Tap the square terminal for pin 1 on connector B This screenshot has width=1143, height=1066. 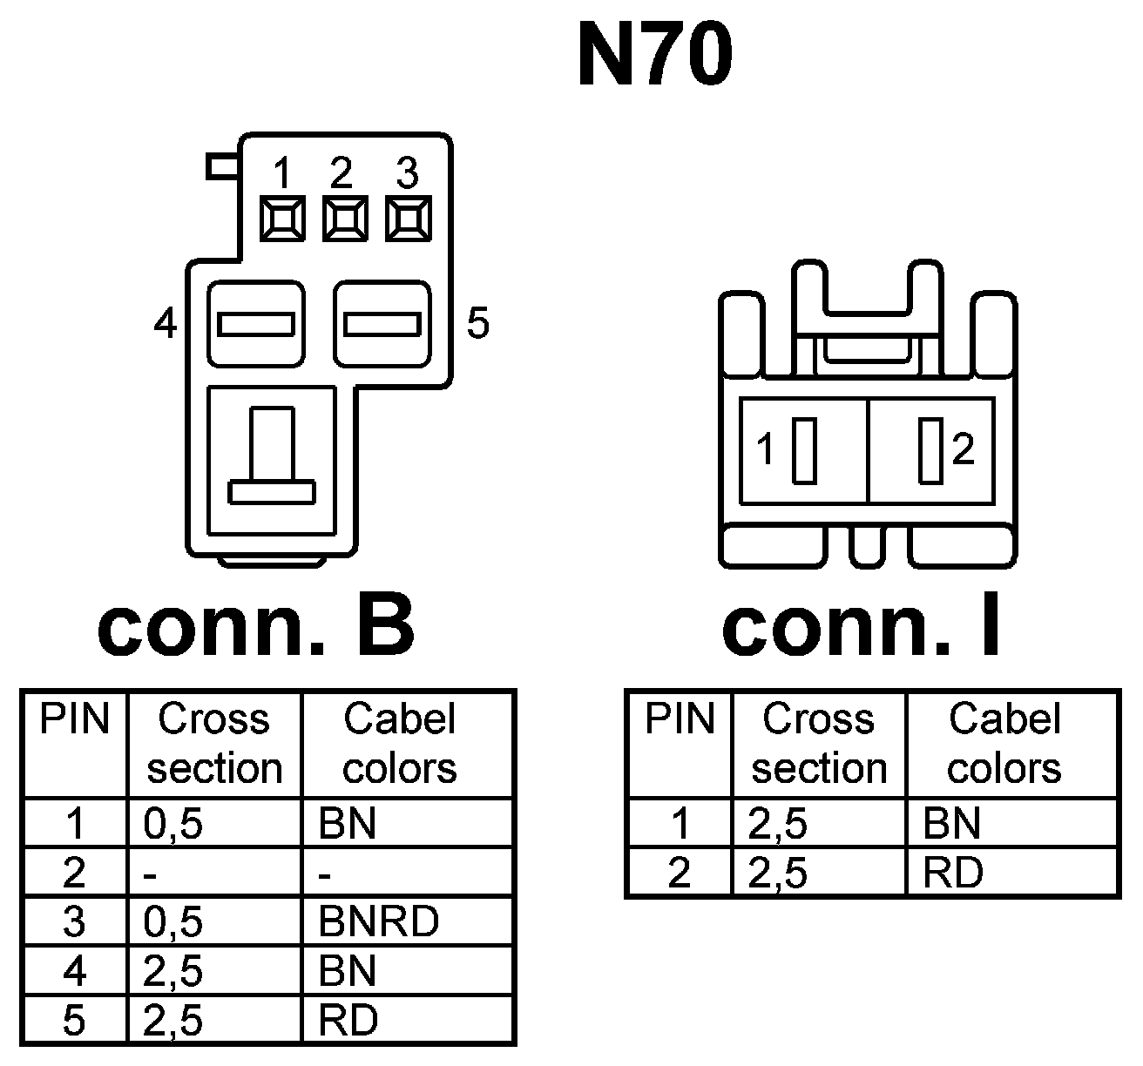[x=282, y=218]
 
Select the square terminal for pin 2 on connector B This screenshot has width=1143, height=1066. [x=345, y=218]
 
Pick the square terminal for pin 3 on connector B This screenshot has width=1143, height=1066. [x=408, y=218]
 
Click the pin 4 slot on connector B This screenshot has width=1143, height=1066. [x=255, y=324]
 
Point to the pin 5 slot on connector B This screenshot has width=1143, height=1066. [x=382, y=324]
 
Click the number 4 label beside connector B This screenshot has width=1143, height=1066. [x=166, y=325]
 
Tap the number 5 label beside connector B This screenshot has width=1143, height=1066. [x=478, y=324]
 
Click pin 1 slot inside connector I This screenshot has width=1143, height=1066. [x=803, y=450]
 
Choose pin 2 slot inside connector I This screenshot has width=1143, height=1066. [x=930, y=450]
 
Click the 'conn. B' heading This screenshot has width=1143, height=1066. [x=256, y=629]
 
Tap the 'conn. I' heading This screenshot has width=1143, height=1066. [x=862, y=629]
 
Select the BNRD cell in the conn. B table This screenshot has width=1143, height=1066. [x=378, y=921]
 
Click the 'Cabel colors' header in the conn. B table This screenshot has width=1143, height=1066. [x=400, y=744]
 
